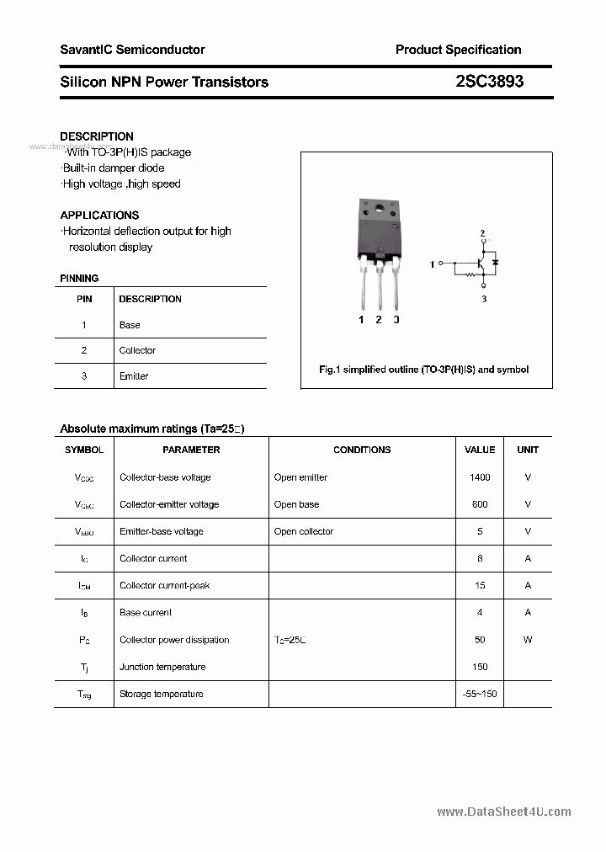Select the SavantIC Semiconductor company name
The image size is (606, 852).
(132, 50)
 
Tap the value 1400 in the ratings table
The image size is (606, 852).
(480, 477)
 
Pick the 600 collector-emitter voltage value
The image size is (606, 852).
(480, 504)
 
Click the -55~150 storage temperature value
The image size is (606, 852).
(480, 694)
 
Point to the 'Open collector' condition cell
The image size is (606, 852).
(303, 531)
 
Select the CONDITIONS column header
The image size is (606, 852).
(362, 450)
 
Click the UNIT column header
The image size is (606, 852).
(528, 450)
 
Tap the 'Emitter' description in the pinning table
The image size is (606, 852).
(134, 376)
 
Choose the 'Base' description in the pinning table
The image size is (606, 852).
(130, 325)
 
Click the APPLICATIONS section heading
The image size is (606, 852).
(99, 215)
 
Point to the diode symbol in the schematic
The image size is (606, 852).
(496, 263)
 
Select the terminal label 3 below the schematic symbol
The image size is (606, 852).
(484, 299)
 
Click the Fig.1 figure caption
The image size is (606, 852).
(423, 370)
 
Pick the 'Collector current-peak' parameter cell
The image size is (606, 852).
(164, 585)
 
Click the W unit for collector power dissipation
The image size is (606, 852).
(528, 640)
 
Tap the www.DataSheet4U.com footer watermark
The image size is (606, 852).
(504, 812)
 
